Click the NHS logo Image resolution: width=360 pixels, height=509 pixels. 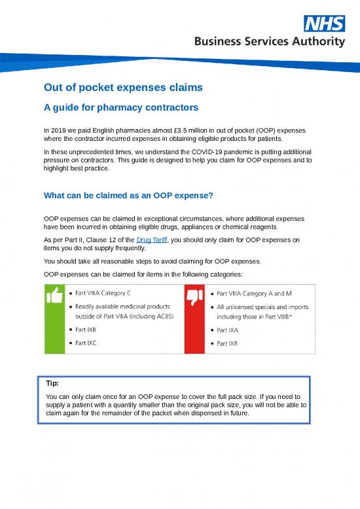coord(325,24)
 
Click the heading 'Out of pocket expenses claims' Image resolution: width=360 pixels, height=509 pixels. coord(123,87)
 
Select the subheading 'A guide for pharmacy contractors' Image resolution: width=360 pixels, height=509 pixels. coord(120,107)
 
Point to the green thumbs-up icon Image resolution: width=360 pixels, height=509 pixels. coord(54,297)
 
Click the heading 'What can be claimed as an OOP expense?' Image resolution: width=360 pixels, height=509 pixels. coord(128,195)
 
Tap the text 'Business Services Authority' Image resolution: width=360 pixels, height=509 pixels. coord(268,42)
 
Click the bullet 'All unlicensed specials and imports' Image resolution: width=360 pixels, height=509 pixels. coord(262,306)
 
